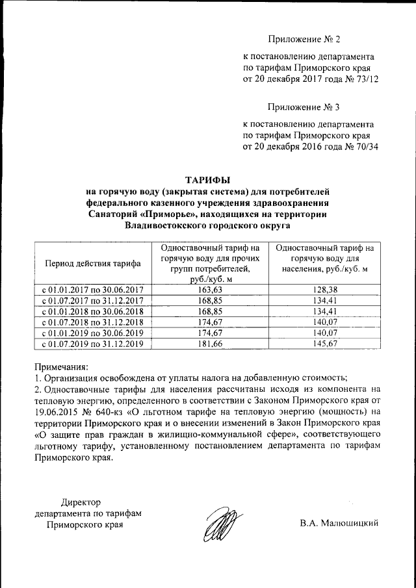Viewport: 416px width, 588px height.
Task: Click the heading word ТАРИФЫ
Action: point(208,179)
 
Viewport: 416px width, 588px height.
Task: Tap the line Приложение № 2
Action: point(304,39)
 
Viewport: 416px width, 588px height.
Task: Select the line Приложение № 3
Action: point(304,107)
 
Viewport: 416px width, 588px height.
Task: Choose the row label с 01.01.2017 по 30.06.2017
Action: point(92,290)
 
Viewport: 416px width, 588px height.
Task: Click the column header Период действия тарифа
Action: point(92,263)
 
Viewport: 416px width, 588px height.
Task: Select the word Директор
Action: point(82,502)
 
